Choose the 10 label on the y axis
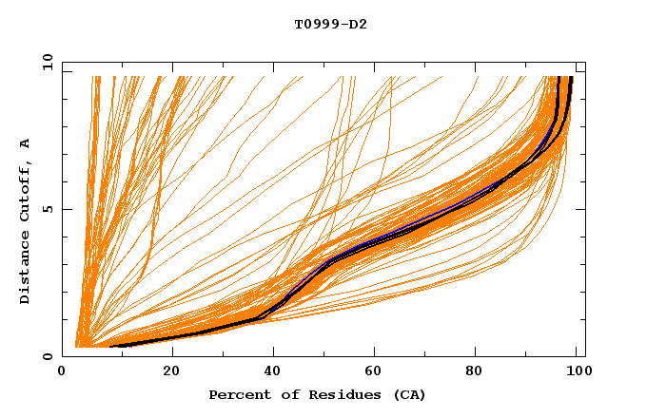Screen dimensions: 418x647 tap(45, 62)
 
